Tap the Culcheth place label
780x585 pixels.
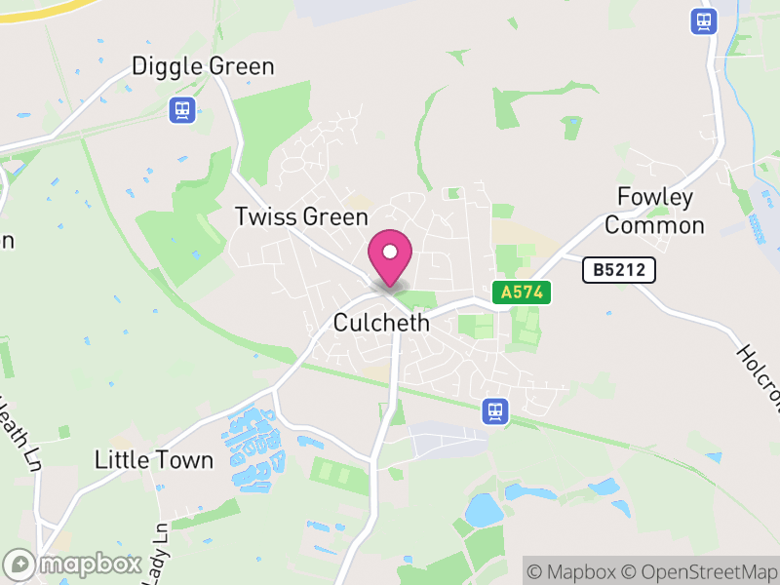pos(381,323)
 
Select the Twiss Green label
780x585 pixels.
pos(301,216)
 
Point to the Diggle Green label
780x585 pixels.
pos(203,66)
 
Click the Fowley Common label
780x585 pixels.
pos(654,212)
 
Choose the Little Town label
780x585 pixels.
pos(154,460)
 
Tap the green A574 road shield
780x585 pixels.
pos(523,292)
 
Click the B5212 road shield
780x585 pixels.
pos(619,270)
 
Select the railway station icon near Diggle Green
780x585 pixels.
pos(180,110)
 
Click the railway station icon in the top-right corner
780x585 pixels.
pos(702,20)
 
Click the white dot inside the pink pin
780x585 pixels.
pos(390,253)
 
